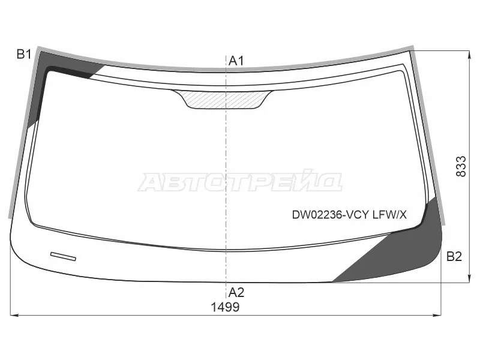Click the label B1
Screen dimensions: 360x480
23,55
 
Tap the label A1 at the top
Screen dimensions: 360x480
236,60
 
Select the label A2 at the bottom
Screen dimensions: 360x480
236,293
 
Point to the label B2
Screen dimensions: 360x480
454,257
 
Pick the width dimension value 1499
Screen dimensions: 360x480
225,307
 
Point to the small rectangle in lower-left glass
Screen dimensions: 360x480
63,256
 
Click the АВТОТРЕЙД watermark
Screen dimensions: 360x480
240,181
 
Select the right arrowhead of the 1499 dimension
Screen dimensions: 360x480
439,314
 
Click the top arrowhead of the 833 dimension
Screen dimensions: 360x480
469,54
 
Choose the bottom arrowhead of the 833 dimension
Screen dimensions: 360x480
469,278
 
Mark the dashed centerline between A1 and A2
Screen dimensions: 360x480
226,180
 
